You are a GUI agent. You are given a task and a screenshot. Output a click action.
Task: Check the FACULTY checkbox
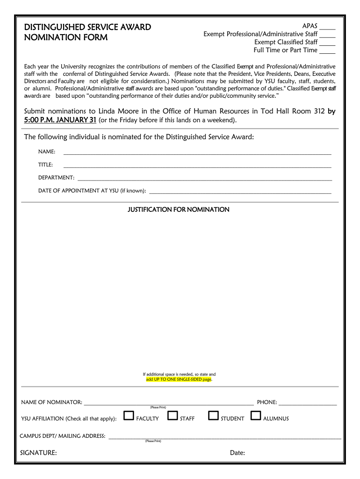[x=129, y=415]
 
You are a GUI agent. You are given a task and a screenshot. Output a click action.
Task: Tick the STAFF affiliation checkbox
[x=173, y=415]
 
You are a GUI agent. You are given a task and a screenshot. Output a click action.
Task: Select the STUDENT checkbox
[x=213, y=415]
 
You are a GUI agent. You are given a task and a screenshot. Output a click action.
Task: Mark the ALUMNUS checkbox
[x=256, y=415]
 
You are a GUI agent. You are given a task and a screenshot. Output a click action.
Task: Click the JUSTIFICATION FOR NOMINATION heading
[x=179, y=210]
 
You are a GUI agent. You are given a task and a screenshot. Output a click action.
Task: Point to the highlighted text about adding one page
[x=179, y=379]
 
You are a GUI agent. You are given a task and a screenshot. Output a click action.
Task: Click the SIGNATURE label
[x=39, y=452]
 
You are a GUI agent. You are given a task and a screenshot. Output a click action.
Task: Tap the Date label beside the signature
[x=238, y=452]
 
